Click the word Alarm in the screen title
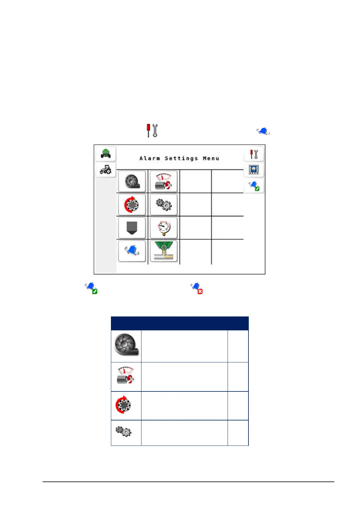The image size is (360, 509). click(x=150, y=158)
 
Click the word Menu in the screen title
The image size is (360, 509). click(x=211, y=158)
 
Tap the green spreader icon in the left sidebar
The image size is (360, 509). click(x=106, y=153)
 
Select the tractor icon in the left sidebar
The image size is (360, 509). click(x=106, y=170)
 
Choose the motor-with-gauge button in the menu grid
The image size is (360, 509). click(x=164, y=181)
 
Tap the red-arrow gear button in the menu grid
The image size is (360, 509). click(x=132, y=205)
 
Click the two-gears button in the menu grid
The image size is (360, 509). click(x=164, y=205)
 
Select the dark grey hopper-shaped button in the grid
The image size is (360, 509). click(x=132, y=228)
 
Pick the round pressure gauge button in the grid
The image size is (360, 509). click(x=164, y=228)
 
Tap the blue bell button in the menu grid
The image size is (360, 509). click(x=132, y=251)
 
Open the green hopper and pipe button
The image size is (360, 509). click(x=164, y=251)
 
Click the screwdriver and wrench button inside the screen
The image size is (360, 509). click(x=254, y=154)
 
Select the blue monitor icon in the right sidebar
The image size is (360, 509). click(x=254, y=170)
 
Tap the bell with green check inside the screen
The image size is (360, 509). click(x=254, y=186)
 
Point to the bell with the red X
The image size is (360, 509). click(x=197, y=288)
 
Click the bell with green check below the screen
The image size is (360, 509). click(x=91, y=288)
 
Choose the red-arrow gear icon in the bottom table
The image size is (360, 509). click(x=123, y=405)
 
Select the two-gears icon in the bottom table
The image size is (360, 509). click(x=123, y=431)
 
